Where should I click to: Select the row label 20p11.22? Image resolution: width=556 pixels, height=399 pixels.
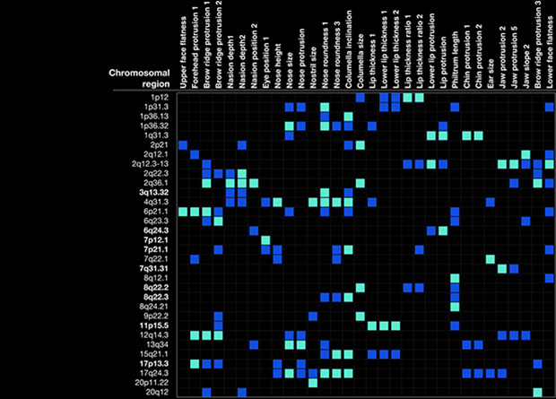pyautogui.click(x=154, y=383)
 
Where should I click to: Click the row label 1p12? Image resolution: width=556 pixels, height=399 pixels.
pyautogui.click(x=161, y=97)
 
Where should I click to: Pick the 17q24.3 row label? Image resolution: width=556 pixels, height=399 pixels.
pyautogui.click(x=154, y=372)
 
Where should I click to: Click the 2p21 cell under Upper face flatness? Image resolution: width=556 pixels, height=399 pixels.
pyautogui.click(x=183, y=145)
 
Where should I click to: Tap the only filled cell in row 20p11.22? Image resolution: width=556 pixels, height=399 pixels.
pyautogui.click(x=313, y=383)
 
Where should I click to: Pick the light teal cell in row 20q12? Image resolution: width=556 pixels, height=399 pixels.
pyautogui.click(x=536, y=393)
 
